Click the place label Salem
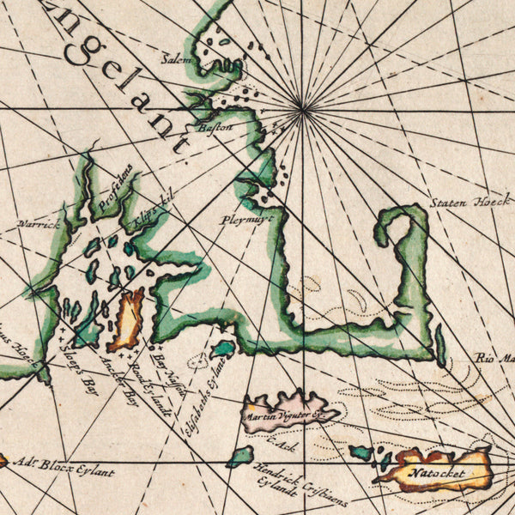[x=178, y=59]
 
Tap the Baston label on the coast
[x=215, y=127]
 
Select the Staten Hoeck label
[x=470, y=204]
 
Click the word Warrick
[x=40, y=224]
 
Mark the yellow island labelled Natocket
[x=438, y=470]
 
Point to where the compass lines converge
[x=302, y=108]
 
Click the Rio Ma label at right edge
[x=494, y=358]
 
